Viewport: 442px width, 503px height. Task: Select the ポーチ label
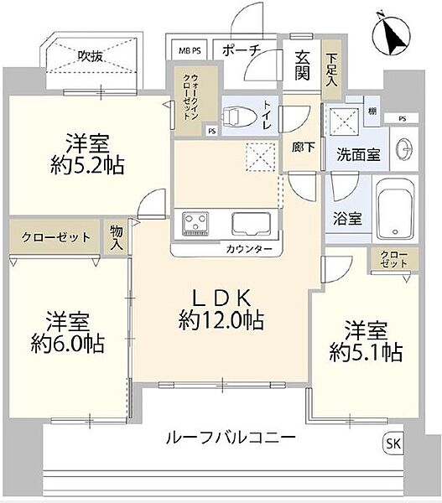point(242,51)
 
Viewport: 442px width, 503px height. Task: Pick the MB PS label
point(190,51)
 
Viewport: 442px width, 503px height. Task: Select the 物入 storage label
point(116,237)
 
